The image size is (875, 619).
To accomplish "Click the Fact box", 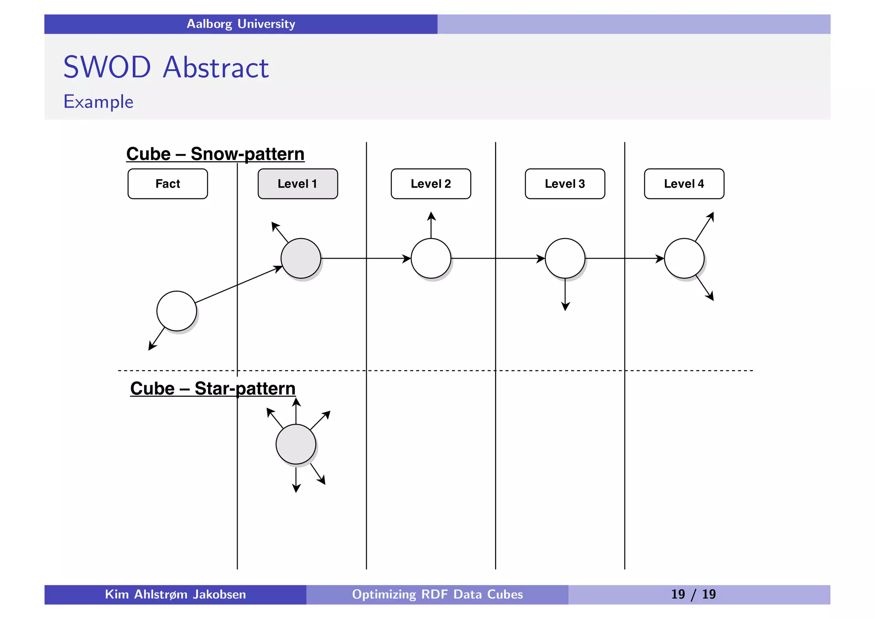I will click(x=167, y=184).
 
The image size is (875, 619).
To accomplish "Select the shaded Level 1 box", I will click(x=297, y=184).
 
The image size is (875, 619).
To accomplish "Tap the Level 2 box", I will click(x=431, y=184).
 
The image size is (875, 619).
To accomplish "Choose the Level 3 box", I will click(x=565, y=184).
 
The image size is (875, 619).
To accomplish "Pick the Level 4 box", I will click(x=684, y=184).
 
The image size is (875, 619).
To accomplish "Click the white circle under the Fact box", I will click(x=176, y=311).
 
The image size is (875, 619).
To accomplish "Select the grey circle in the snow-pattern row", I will click(x=301, y=258).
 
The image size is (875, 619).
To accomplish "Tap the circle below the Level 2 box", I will click(x=431, y=258).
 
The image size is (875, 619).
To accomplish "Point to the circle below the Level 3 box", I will click(x=565, y=258).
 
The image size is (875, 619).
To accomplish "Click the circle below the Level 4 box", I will click(x=684, y=258).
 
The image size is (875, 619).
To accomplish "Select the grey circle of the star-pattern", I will click(x=296, y=444).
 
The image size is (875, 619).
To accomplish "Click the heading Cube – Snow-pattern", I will click(x=215, y=154).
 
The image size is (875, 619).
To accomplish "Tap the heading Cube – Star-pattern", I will click(x=213, y=389).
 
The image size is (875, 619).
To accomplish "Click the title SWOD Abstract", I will click(x=166, y=68).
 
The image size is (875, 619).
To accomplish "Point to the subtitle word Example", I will click(x=98, y=102).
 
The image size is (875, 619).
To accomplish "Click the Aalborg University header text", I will click(x=241, y=24).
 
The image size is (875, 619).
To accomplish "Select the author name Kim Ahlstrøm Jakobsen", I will click(x=175, y=594).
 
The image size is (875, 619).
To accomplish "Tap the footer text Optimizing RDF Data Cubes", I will click(x=437, y=594).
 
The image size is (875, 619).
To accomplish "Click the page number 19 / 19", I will click(x=693, y=594).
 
